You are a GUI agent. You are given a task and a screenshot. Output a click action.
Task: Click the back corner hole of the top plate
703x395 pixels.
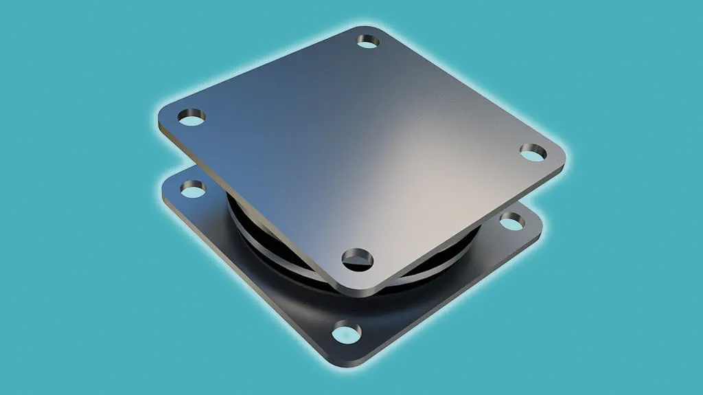(368, 42)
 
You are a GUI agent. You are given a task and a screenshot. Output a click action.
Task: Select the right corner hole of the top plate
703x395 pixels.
(532, 152)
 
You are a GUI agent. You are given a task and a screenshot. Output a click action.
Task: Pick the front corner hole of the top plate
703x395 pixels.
(358, 258)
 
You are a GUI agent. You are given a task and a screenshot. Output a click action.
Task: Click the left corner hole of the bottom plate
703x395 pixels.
(193, 188)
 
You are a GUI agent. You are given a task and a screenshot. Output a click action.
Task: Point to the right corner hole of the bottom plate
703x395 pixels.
(511, 221)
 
